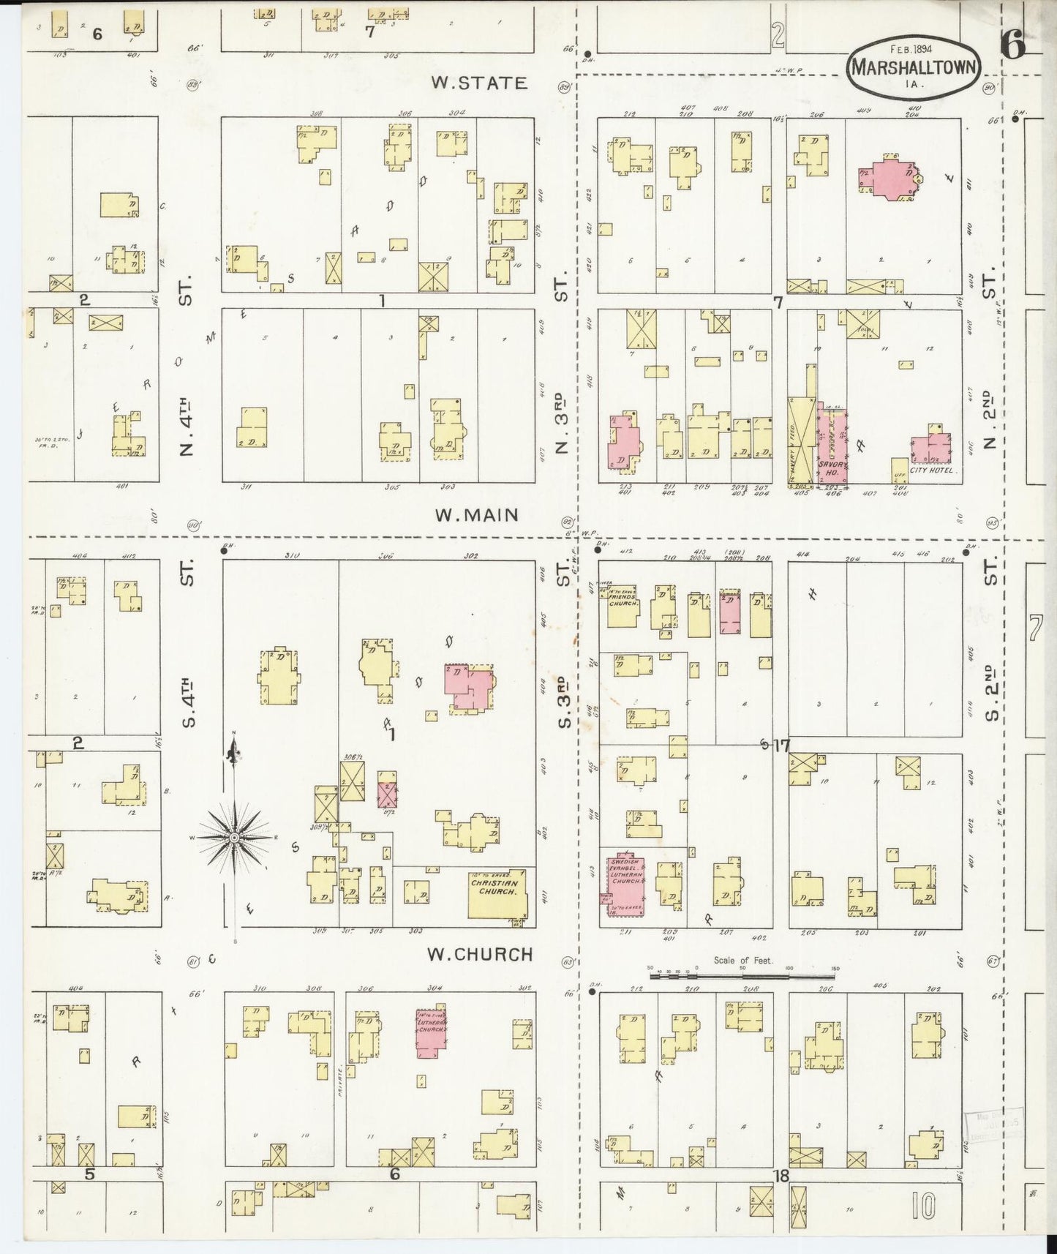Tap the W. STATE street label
(479, 83)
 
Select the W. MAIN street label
(476, 516)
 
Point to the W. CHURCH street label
(480, 955)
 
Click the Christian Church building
(497, 893)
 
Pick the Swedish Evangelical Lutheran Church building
(624, 883)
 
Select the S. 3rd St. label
(563, 702)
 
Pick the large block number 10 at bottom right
(924, 1206)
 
